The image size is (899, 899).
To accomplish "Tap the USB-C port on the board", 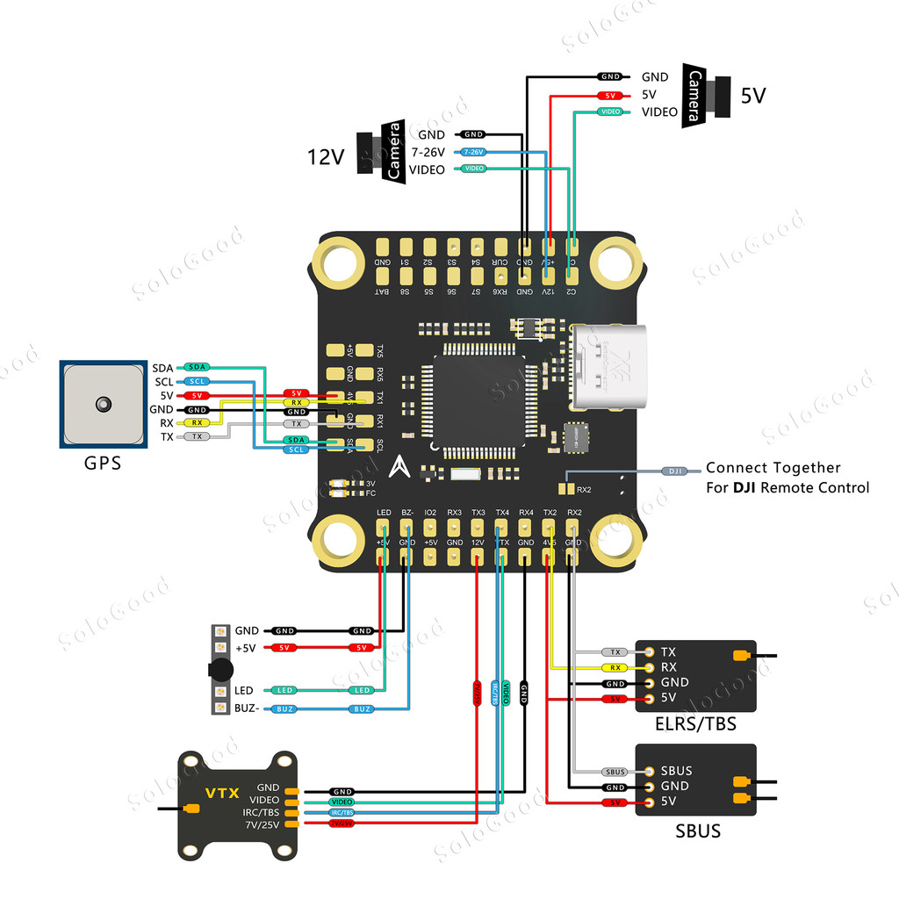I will (x=611, y=366).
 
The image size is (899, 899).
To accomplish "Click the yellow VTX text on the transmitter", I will (x=222, y=794).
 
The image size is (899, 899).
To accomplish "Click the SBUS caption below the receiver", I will (x=698, y=830).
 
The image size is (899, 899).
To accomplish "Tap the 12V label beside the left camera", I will (x=325, y=156).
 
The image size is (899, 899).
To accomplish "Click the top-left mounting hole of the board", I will (x=338, y=261).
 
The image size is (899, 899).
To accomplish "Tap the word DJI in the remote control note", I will (x=748, y=487).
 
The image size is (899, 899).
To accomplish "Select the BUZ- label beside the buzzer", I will (x=247, y=708).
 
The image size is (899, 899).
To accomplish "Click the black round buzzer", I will (x=220, y=670).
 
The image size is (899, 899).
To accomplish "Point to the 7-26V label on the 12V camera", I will (x=428, y=152).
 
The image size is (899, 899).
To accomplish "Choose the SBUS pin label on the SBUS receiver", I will (x=676, y=771).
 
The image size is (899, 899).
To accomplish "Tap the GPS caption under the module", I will (x=103, y=464).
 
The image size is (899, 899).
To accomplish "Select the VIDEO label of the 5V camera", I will (x=659, y=111).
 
